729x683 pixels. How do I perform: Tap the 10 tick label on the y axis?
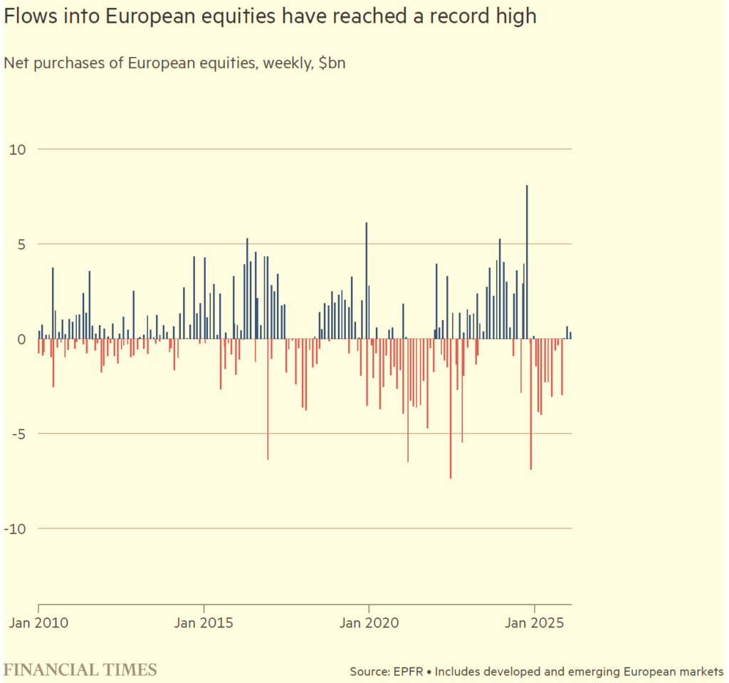tap(17, 149)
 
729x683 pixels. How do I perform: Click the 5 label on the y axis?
tap(21, 244)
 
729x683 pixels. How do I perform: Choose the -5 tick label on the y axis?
tap(17, 434)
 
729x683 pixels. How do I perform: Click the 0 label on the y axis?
tap(21, 339)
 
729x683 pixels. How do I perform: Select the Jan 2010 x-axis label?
tap(38, 623)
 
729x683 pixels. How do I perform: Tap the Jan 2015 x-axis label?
tap(204, 623)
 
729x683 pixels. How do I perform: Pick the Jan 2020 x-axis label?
tap(369, 623)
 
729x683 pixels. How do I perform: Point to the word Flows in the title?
tap(27, 16)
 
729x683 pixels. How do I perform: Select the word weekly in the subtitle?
tap(287, 63)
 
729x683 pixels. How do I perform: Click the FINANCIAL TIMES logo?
tap(80, 669)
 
